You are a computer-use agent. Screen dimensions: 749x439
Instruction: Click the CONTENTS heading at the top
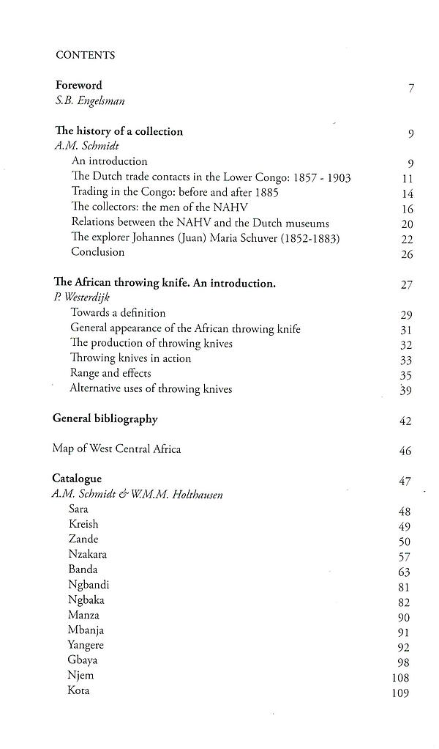coord(86,55)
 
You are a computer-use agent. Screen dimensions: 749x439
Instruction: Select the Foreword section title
coord(79,86)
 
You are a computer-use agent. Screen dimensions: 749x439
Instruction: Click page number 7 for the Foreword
coord(412,89)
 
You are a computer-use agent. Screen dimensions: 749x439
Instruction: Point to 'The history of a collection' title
coord(119,132)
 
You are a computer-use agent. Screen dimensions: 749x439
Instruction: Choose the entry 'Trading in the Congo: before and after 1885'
coord(175,192)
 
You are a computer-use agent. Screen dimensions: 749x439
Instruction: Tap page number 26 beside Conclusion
coord(408,254)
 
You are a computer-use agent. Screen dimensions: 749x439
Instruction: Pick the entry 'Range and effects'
coord(111,374)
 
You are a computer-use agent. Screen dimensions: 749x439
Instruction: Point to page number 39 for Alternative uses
coord(407,390)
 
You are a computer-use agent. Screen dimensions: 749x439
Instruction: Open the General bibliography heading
coord(105,419)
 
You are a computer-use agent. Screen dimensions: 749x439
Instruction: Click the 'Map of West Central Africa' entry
coord(116,449)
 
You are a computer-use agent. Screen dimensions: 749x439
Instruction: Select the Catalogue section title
coord(78,479)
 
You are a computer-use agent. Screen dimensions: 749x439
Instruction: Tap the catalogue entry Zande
coord(83,539)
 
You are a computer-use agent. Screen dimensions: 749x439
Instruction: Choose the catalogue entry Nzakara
coord(89,555)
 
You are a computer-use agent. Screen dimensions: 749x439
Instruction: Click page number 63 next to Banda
coord(405,572)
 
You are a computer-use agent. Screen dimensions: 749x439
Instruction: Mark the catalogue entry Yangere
coord(86,646)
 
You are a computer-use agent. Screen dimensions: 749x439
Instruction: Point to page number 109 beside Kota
coord(400,693)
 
